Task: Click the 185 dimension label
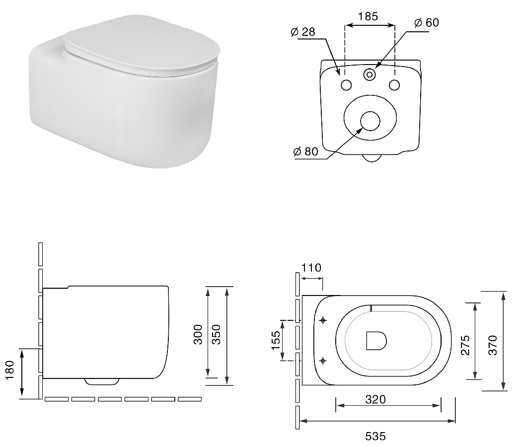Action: click(x=368, y=16)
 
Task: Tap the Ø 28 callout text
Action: click(x=303, y=32)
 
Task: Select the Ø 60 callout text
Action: click(x=427, y=22)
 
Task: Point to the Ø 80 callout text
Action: click(x=306, y=151)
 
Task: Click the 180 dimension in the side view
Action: click(x=10, y=370)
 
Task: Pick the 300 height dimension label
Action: click(x=198, y=334)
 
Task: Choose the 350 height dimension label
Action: click(x=216, y=334)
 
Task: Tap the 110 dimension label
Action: click(x=311, y=268)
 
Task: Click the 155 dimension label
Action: click(x=276, y=340)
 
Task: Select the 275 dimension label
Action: click(x=465, y=345)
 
